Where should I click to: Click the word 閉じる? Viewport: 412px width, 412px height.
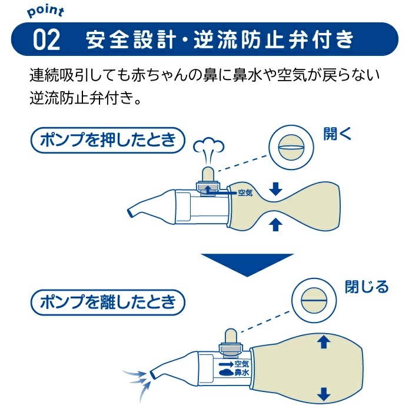click(x=366, y=287)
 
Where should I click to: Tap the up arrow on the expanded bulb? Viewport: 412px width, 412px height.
click(x=323, y=342)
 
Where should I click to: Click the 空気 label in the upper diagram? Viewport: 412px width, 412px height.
click(x=245, y=192)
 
